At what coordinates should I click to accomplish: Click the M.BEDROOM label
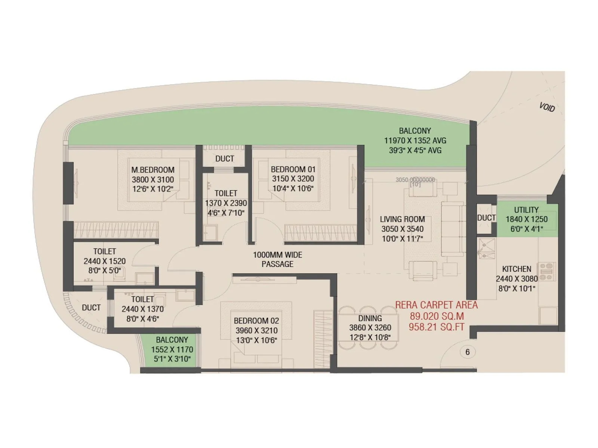point(153,170)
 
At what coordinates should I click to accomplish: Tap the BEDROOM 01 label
point(293,169)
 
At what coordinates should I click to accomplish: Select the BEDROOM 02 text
point(256,321)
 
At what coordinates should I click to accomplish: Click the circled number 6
point(467,352)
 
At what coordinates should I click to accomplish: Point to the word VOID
point(547,107)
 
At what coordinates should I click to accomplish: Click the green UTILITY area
point(527,220)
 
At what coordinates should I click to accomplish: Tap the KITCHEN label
point(517,269)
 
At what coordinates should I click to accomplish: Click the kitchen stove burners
point(546,271)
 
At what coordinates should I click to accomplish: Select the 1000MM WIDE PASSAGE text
point(277,259)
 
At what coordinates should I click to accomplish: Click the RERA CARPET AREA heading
point(436,305)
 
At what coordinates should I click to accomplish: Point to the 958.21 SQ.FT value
point(436,327)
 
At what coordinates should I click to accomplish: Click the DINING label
point(370,318)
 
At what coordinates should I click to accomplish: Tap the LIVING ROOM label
point(402,219)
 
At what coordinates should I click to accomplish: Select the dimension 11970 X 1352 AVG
point(415,141)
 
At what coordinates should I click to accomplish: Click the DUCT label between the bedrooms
point(225,159)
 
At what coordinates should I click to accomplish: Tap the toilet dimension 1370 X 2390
point(226,203)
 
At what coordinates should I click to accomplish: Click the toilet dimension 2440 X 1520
point(105,261)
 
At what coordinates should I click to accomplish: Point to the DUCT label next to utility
point(486,218)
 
